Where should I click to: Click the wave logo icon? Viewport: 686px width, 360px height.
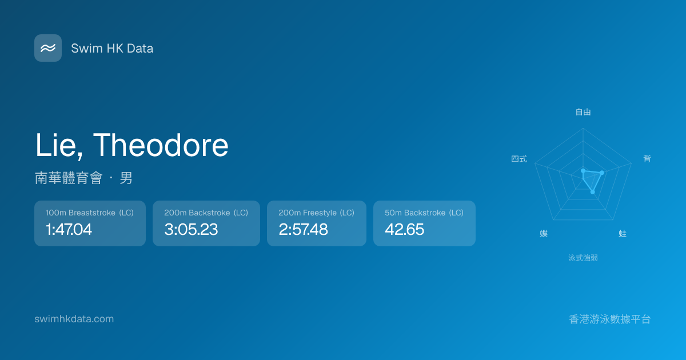48,48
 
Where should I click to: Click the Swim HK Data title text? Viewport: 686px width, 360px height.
112,49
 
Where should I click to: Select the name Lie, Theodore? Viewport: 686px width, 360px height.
131,146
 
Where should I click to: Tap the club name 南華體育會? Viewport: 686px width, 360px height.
69,178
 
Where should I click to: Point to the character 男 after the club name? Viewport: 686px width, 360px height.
126,178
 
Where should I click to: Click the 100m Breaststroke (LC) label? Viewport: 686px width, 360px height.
89,213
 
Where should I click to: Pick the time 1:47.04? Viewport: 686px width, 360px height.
69,229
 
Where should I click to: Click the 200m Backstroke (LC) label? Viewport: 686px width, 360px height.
206,213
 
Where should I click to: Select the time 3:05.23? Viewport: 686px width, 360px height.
191,229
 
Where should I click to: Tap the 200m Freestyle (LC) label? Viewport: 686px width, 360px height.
316,213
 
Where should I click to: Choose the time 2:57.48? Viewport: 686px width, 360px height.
303,229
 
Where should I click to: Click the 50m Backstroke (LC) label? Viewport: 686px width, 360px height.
424,213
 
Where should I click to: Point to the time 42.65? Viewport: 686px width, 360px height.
405,229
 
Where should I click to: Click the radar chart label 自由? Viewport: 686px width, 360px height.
583,112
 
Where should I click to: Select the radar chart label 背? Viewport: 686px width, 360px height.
647,159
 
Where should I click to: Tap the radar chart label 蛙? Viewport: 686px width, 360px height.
623,234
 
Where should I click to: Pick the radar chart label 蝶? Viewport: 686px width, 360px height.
544,234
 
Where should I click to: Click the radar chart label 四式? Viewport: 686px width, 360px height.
519,159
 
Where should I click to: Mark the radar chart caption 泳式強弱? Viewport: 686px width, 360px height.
583,258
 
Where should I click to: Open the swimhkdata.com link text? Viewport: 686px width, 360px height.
74,319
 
